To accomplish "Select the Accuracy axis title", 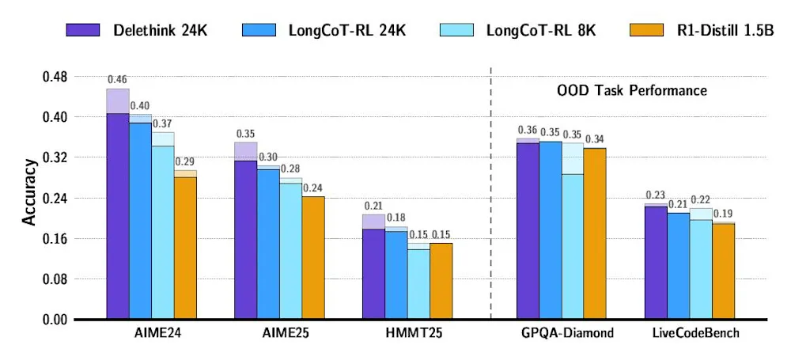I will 29,192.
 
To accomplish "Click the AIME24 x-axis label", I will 152,333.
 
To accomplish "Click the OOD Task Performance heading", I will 628,90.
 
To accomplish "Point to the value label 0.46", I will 117,80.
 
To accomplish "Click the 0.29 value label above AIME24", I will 185,161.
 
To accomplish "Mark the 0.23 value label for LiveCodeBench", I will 656,195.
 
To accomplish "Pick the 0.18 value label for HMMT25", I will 395,218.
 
